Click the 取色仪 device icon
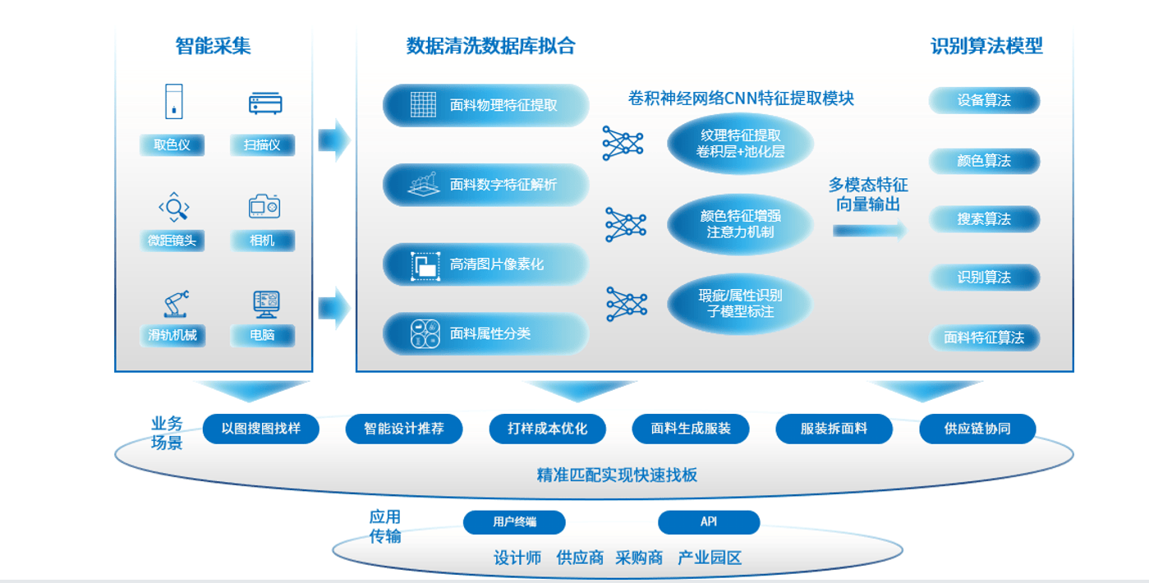tap(173, 102)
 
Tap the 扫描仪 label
tap(262, 145)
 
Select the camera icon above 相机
tap(264, 206)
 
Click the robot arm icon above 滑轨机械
tap(175, 304)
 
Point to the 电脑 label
tap(262, 335)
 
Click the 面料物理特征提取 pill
tap(486, 105)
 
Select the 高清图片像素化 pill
tap(486, 264)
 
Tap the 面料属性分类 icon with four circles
tap(425, 333)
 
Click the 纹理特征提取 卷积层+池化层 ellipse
tap(740, 144)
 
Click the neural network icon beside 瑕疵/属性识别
tap(627, 304)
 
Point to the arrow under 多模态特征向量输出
tap(870, 231)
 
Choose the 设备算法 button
tap(984, 101)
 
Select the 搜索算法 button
tap(984, 219)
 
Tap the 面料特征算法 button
tap(984, 337)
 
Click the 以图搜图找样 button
tap(260, 429)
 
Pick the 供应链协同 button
tap(977, 429)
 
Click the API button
tap(709, 522)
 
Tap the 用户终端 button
tap(514, 522)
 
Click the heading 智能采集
tap(214, 46)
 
